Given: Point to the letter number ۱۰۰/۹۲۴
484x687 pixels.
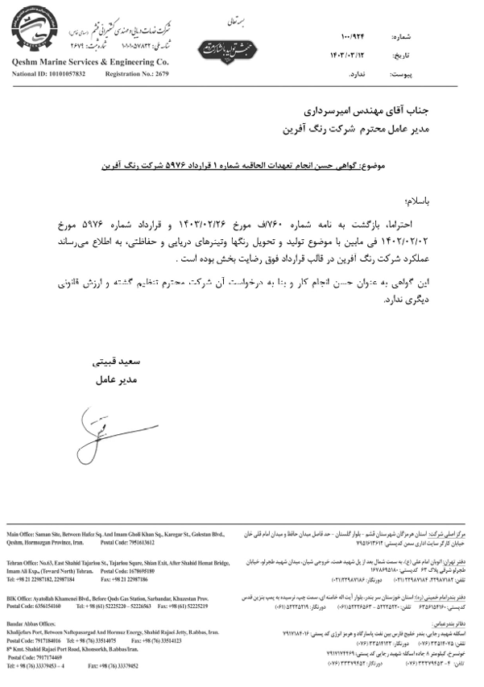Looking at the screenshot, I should coord(353,38).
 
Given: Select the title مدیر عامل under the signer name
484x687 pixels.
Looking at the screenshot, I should coord(113,378).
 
